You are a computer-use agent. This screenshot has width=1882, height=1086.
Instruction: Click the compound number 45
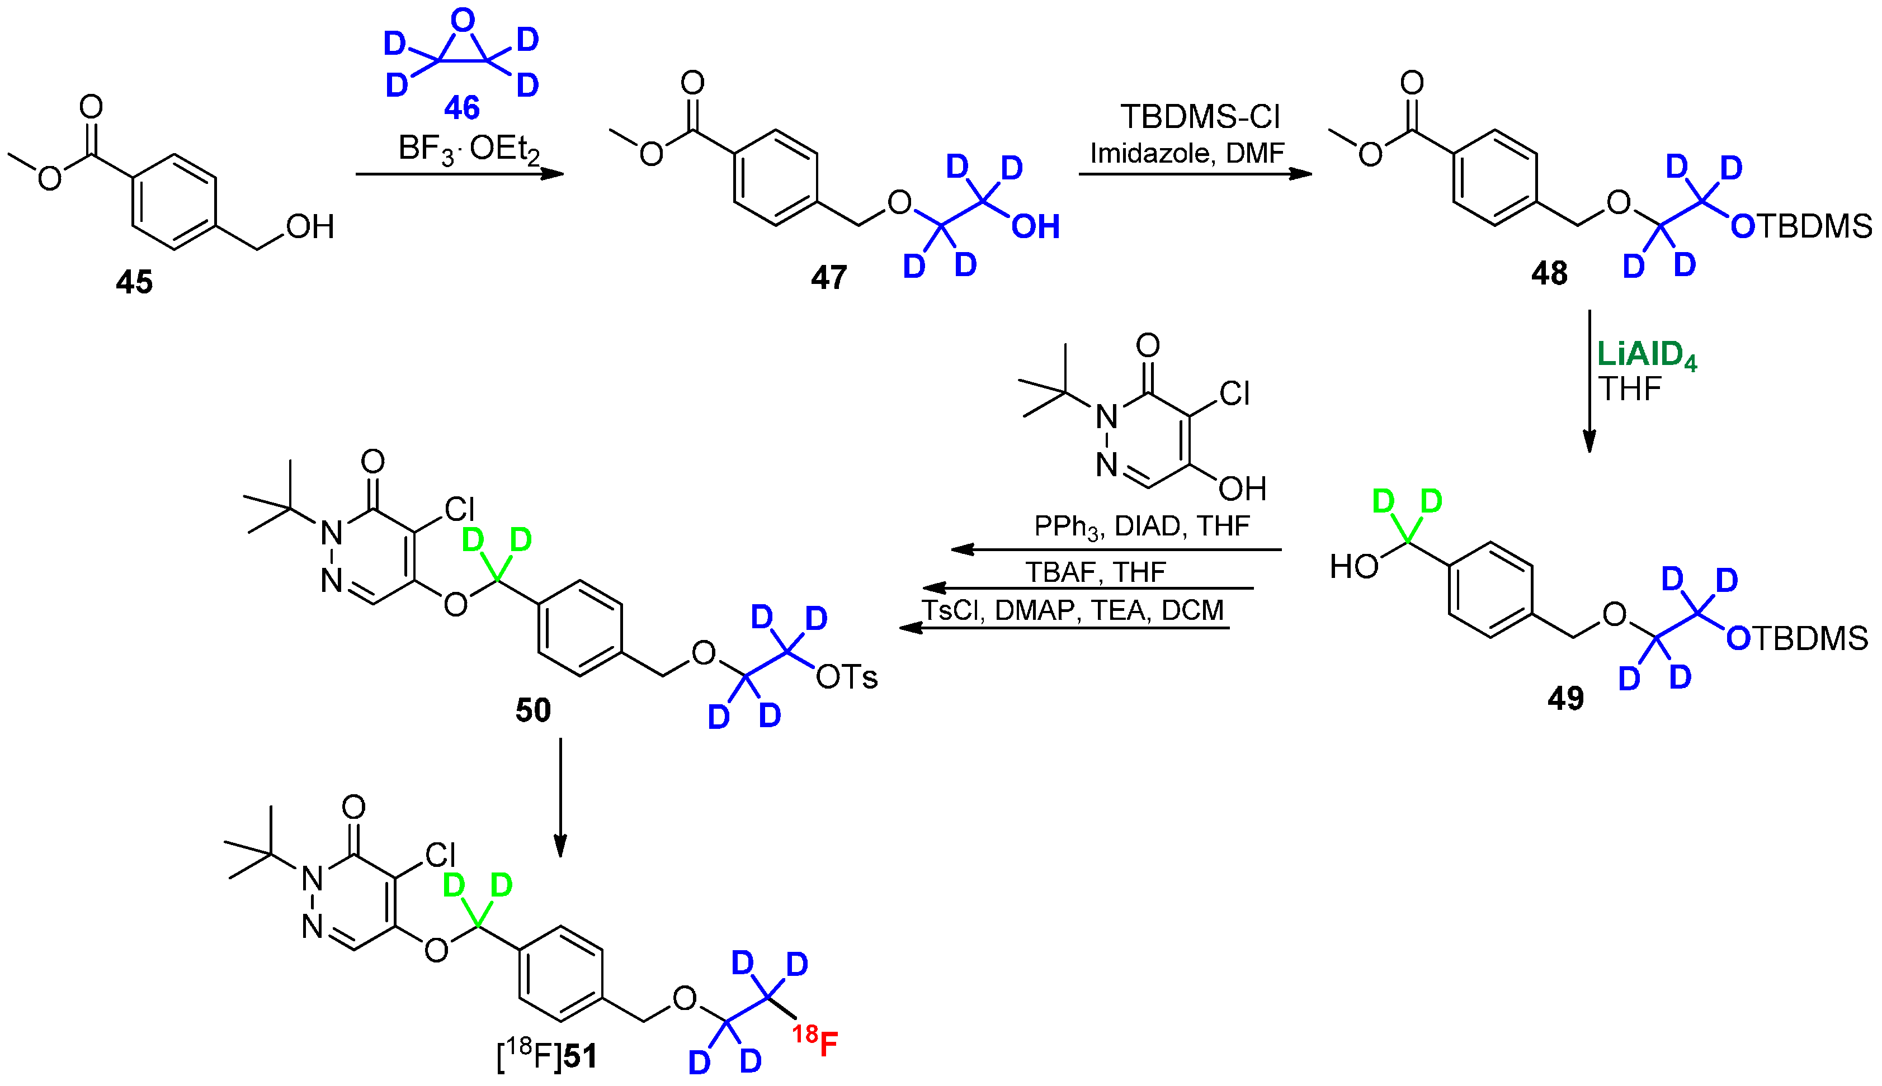134,282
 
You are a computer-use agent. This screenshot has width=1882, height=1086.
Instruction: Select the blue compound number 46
462,108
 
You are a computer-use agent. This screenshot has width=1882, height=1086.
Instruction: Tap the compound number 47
828,277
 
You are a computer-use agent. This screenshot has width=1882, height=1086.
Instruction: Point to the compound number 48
1549,274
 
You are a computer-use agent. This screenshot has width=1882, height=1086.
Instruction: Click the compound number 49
1565,698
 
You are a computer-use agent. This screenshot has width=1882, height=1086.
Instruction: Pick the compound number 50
533,710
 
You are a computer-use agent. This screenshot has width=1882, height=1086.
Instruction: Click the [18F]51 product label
547,1055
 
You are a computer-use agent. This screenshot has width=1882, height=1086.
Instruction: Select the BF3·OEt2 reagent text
469,149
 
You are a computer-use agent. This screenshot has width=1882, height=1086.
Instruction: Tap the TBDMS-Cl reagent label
1200,117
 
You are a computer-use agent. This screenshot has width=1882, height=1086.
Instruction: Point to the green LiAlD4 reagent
1646,355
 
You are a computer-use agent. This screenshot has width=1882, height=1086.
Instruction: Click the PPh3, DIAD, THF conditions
1141,527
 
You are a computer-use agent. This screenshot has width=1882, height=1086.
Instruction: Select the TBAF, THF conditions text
1095,572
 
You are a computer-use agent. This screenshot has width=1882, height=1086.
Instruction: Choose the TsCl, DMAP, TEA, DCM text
1072,610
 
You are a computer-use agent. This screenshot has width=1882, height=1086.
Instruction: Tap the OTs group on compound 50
846,677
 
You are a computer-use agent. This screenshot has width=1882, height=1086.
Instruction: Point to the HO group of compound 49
1353,567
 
